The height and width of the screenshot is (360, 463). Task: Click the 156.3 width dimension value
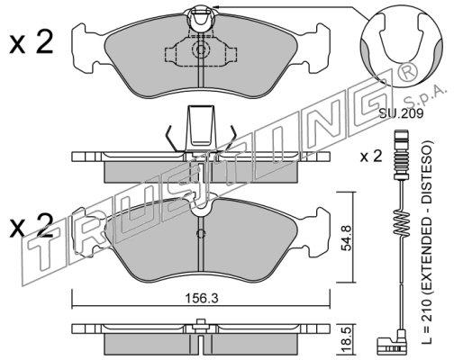201,299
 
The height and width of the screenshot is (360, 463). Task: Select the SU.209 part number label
402,113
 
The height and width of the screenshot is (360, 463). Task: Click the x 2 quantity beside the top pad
31,42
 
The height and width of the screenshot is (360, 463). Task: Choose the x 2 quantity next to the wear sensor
371,157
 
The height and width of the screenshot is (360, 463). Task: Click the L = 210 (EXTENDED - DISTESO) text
427,242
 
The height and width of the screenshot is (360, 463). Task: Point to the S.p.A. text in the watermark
423,95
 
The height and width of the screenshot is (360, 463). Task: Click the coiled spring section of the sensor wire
401,222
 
